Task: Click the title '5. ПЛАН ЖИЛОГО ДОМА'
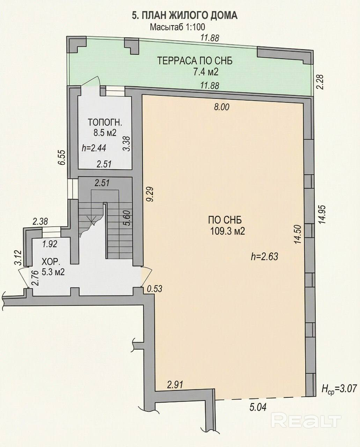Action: (x=185, y=16)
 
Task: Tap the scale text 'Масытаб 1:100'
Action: (x=178, y=27)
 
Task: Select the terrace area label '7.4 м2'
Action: (x=206, y=72)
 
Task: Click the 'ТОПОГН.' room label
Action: (x=105, y=122)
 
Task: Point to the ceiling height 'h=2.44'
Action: (x=94, y=148)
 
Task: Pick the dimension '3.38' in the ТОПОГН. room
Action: (x=127, y=143)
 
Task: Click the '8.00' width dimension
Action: (x=222, y=107)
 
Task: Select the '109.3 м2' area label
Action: (x=228, y=231)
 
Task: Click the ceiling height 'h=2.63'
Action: (x=264, y=257)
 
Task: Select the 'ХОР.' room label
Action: (x=51, y=262)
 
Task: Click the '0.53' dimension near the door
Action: (x=154, y=289)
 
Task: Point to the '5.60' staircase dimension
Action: (x=127, y=218)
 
